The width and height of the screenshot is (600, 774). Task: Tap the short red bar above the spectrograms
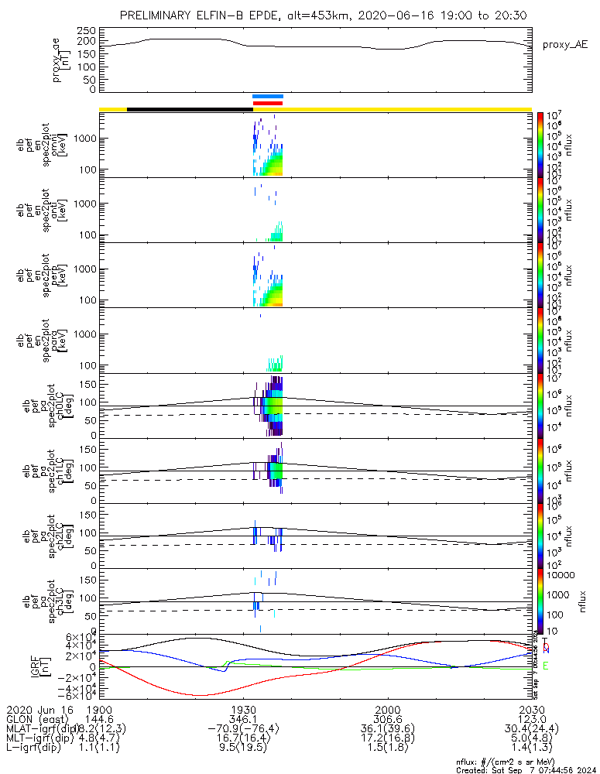coord(268,103)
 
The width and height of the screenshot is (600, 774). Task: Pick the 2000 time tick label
coord(387,709)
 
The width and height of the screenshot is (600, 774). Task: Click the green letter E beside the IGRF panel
coord(546,666)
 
